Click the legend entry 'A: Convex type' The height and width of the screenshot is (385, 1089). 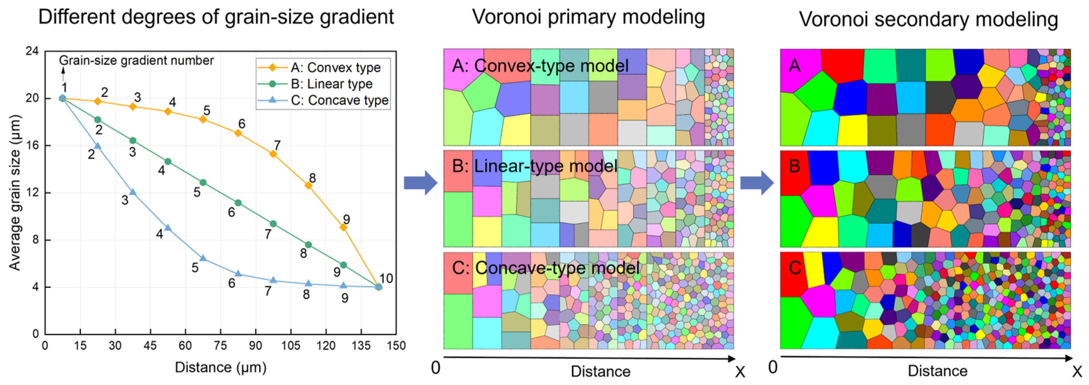coord(335,68)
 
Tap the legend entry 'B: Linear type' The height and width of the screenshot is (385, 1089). coord(331,84)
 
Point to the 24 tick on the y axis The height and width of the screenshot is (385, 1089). coord(32,51)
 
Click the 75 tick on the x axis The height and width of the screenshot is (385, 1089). coord(220,346)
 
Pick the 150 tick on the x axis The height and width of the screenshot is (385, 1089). coord(396,346)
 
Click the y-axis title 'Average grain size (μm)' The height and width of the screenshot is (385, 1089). coord(15,192)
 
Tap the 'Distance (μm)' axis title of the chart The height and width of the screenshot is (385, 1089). coord(220,367)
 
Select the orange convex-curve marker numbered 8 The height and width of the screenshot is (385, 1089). coord(308,185)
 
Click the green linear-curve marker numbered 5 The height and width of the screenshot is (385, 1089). coord(203,182)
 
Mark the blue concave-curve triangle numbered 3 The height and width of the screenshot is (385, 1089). coord(133,192)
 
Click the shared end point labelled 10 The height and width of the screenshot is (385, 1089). coord(379,287)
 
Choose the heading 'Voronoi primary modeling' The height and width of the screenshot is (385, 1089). coord(589,17)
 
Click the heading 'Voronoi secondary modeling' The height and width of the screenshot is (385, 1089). coord(928,19)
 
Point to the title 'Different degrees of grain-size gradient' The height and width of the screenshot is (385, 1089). coord(216,17)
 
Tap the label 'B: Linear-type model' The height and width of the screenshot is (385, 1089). coord(534,166)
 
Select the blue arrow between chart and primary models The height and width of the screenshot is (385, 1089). coord(420,183)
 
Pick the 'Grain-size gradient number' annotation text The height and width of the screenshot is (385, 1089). coord(136,60)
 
